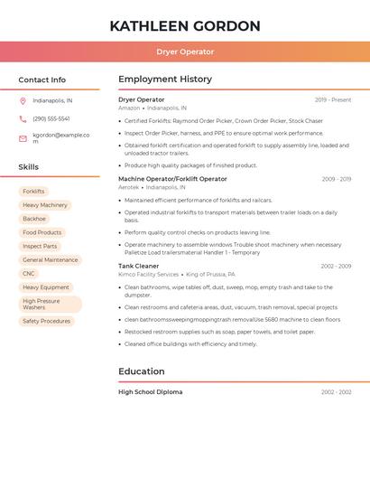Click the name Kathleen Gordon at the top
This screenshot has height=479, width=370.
(x=185, y=26)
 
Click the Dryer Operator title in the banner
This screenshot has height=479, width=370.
(x=185, y=52)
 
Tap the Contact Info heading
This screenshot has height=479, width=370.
(x=42, y=80)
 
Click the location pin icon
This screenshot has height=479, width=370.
(x=23, y=100)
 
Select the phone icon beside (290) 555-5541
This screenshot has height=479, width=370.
(x=23, y=118)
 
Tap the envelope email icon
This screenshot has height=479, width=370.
(x=23, y=138)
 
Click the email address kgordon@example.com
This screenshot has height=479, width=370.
(x=61, y=138)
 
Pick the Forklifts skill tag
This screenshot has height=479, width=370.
(x=33, y=192)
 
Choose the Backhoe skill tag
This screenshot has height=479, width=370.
(x=34, y=219)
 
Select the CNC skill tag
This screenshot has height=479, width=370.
(x=29, y=274)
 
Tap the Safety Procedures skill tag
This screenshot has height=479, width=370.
(x=46, y=321)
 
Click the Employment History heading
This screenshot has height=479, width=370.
(x=165, y=80)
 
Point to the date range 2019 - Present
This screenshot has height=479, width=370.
(x=333, y=99)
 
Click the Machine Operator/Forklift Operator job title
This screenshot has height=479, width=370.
(x=172, y=179)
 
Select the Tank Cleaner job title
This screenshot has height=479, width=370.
(x=138, y=266)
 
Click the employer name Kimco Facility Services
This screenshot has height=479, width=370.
(x=148, y=274)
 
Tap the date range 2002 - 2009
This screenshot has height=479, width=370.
(x=336, y=266)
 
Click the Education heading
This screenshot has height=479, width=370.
(x=142, y=371)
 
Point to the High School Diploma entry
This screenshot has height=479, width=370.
(x=150, y=392)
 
